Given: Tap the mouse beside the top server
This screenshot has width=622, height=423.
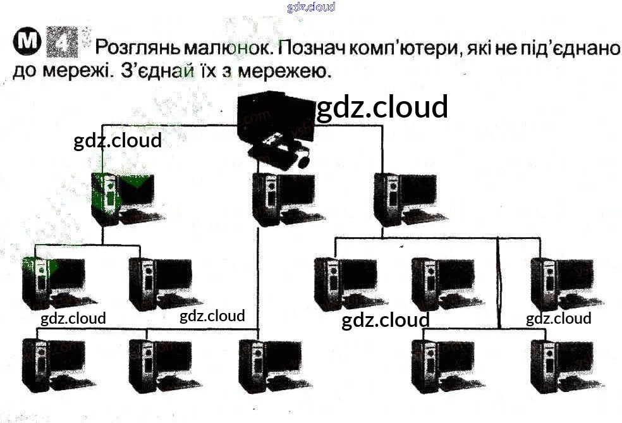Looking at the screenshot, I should coord(304,161).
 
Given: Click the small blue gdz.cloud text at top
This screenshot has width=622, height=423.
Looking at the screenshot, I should coord(310,7).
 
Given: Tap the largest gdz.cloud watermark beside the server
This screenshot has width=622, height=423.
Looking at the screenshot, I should coord(382,107).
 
